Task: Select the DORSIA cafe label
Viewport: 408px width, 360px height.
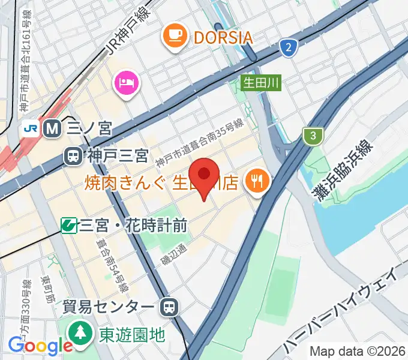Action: click(x=223, y=38)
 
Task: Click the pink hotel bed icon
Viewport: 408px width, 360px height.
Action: click(x=127, y=81)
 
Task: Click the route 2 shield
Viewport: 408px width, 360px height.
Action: click(x=289, y=47)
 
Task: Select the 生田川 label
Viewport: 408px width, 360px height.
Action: click(x=261, y=83)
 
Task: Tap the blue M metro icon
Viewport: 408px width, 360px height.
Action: click(x=52, y=128)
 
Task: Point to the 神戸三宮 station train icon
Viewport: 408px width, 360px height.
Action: click(x=73, y=157)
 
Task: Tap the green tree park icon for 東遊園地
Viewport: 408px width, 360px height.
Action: click(x=79, y=332)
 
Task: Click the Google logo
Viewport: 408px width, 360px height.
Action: click(x=40, y=346)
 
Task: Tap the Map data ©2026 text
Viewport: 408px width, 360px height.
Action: click(x=358, y=351)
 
